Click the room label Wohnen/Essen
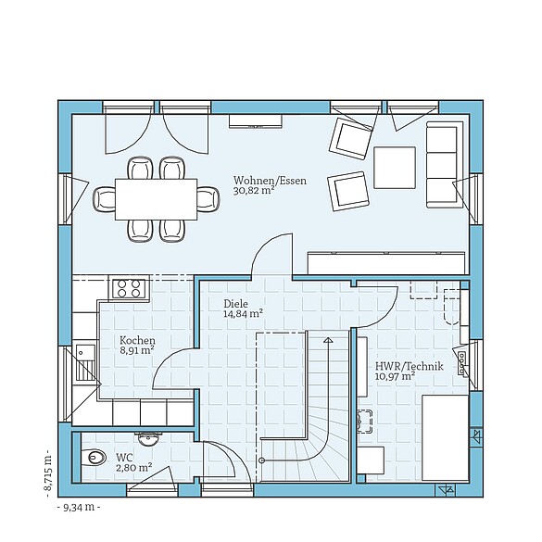pos(270,180)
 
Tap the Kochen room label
pos(137,340)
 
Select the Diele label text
pos(235,303)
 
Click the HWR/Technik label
pos(409,366)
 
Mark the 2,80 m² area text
pos(133,469)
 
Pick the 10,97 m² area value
pos(395,377)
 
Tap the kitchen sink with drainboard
pos(85,363)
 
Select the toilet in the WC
pos(94,458)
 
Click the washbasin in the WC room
pos(147,435)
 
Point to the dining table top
pos(157,198)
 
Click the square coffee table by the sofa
pos(396,168)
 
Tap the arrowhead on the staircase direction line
pos(327,340)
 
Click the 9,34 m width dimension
pos(79,508)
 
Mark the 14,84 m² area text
pos(243,314)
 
